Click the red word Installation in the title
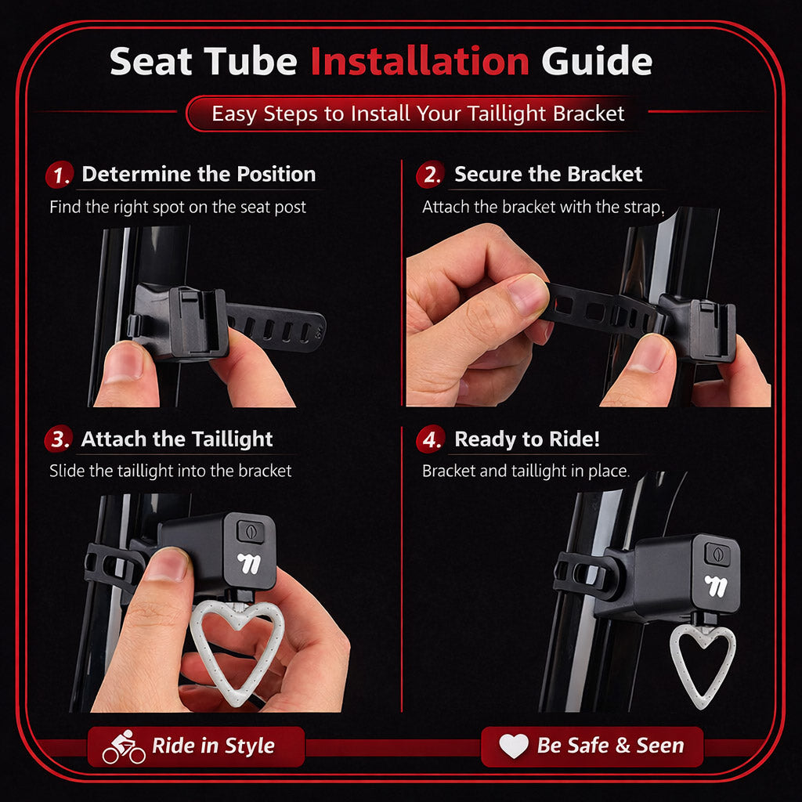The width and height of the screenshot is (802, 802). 420,61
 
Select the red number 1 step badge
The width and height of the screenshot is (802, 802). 60,175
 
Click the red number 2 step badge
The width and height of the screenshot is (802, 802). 431,175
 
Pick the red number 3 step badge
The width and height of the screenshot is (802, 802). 59,439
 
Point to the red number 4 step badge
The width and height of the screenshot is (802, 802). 431,439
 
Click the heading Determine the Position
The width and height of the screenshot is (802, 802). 199,174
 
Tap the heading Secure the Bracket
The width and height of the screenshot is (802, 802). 548,174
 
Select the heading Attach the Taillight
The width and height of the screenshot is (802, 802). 177,439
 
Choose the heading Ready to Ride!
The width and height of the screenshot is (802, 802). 527,439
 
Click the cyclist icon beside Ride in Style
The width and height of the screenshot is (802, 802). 124,746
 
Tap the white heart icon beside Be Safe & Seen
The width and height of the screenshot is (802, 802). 514,746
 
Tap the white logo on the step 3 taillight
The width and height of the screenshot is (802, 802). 249,562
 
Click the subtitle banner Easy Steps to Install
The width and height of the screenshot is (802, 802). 418,113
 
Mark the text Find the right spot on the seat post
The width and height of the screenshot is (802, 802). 178,207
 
